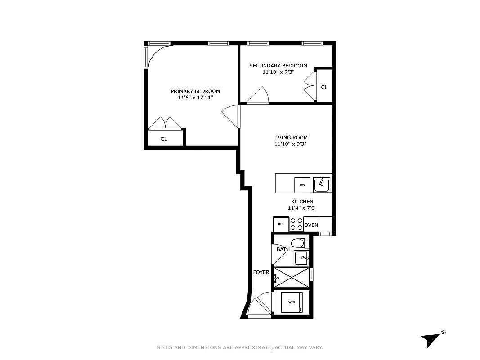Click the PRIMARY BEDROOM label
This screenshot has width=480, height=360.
click(195, 91)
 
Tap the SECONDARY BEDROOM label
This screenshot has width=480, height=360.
click(278, 66)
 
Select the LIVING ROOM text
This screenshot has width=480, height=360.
click(290, 138)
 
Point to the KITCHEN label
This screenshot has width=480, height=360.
click(302, 202)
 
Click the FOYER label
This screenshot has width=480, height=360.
click(261, 272)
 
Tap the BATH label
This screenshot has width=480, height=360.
click(283, 249)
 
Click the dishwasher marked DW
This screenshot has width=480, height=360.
click(302, 185)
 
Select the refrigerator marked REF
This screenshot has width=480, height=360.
click(281, 224)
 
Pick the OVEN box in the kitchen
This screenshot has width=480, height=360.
click(311, 225)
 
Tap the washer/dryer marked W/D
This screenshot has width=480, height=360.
click(292, 302)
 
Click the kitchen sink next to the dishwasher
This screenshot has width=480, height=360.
click(322, 184)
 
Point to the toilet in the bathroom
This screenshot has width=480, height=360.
click(298, 243)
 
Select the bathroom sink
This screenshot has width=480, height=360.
click(301, 258)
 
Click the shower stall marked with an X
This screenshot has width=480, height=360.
click(292, 277)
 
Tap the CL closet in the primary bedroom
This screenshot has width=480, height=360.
click(165, 139)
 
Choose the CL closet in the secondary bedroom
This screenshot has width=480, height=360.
click(324, 87)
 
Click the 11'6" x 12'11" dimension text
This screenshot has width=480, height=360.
click(195, 98)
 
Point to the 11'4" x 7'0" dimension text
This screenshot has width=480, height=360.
click(302, 208)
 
